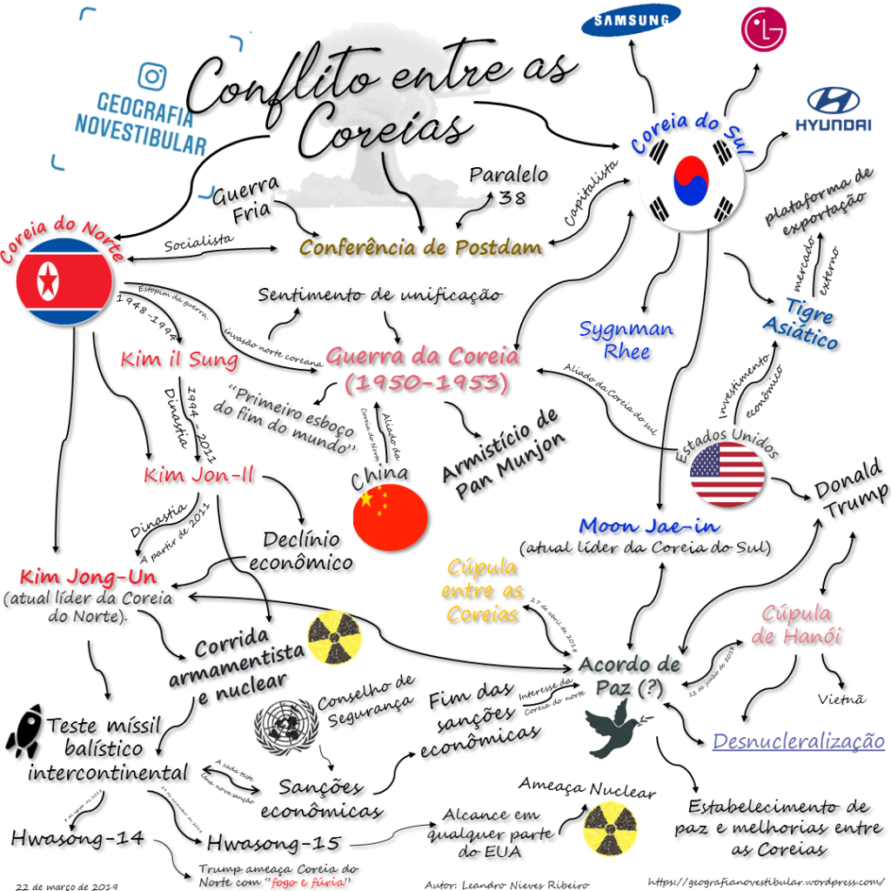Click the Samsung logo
[632, 21]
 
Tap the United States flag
[727, 474]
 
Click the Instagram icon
[151, 76]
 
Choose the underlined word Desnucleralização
[799, 742]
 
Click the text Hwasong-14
[77, 838]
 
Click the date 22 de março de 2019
[67, 885]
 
